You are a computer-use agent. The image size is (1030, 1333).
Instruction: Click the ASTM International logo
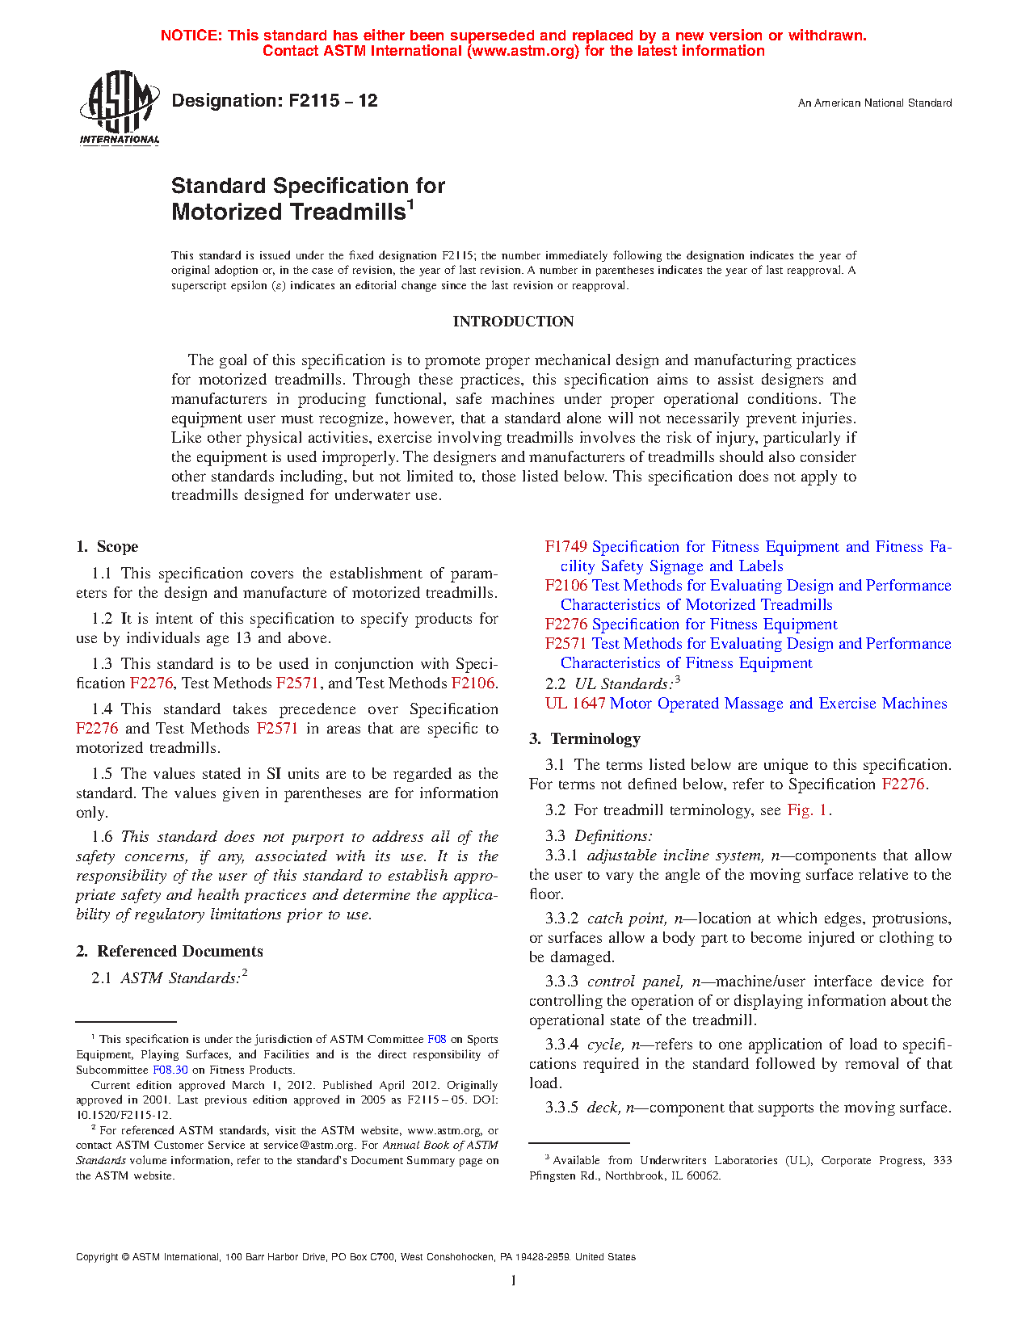click(x=120, y=107)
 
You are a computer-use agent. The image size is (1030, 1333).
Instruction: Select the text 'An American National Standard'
click(x=875, y=103)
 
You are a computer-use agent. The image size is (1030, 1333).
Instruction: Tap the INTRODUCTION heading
click(x=513, y=322)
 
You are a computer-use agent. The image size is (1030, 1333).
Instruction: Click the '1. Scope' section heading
click(x=107, y=547)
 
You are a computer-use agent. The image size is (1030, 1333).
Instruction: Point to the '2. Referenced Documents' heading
click(x=170, y=952)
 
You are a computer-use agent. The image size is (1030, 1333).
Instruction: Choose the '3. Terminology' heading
click(x=585, y=739)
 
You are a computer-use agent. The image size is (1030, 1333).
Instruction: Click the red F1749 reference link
click(x=565, y=547)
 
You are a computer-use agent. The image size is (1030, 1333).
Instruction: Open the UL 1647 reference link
click(x=575, y=704)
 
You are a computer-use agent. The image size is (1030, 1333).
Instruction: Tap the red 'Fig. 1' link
click(x=808, y=810)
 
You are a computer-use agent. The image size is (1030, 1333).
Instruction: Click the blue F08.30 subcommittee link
click(x=170, y=1070)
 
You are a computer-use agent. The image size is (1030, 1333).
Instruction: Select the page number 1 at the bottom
click(x=514, y=1280)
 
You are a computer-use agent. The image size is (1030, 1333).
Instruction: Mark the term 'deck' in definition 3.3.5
click(x=602, y=1108)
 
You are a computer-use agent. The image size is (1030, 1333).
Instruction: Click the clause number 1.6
click(x=102, y=837)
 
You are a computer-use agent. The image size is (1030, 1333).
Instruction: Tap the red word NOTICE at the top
click(x=190, y=36)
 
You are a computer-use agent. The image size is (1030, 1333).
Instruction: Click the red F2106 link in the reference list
click(x=565, y=586)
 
